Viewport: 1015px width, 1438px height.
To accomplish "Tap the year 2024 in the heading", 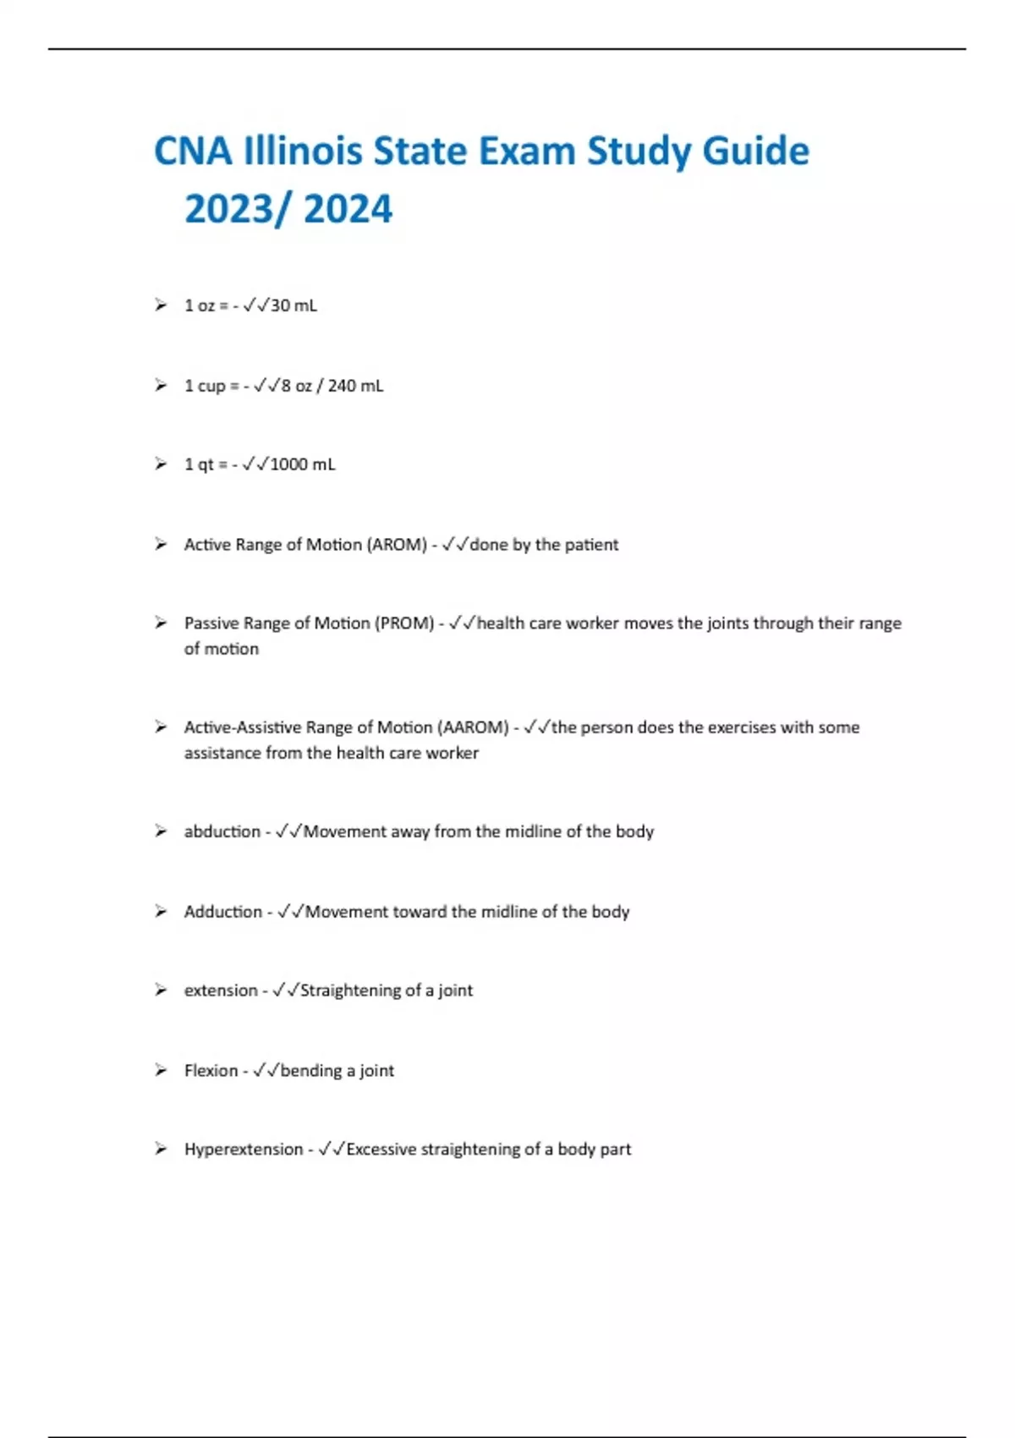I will pos(348,209).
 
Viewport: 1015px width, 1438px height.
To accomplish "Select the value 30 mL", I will pos(294,305).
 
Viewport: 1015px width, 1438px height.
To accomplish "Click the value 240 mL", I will pos(355,386).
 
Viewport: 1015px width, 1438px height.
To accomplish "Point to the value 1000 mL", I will pos(302,464).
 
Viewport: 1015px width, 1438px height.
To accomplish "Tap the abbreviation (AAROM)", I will pos(473,727).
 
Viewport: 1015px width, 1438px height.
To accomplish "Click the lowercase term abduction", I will pos(222,832).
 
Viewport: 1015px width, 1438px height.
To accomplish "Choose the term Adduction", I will pos(223,912).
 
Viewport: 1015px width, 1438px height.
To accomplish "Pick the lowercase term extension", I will pos(221,991).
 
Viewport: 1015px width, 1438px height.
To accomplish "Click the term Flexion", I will pos(211,1071).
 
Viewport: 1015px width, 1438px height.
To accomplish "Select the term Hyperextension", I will pos(244,1150).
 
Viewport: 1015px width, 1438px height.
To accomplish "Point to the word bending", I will pos(311,1071).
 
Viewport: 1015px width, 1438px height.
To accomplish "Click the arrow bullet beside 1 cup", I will pos(161,386).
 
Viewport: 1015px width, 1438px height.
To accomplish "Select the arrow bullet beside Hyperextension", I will pos(161,1149).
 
